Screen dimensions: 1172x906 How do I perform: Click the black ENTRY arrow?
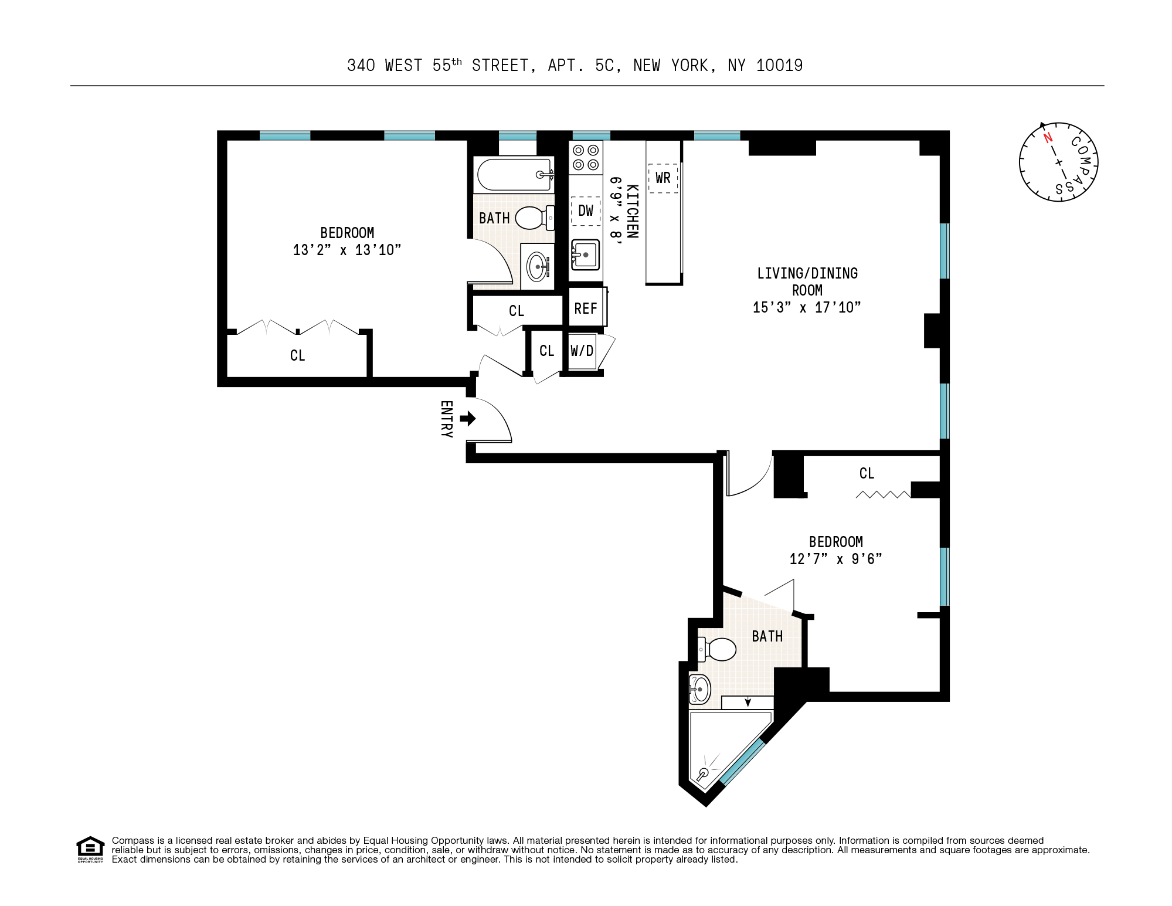[468, 418]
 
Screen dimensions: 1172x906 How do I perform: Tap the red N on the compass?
[1048, 138]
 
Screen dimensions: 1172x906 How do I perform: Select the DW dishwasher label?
[586, 211]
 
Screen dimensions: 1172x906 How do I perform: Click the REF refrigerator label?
[586, 308]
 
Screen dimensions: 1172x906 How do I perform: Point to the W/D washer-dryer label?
[582, 351]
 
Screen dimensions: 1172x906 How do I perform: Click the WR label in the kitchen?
[663, 178]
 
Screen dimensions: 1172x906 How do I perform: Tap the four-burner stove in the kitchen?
[586, 157]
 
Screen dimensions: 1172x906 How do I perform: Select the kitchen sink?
[585, 255]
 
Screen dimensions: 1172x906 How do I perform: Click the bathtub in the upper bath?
[514, 174]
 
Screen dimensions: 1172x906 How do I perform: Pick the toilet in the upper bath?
[535, 218]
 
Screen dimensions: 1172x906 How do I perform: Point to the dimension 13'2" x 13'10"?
[347, 250]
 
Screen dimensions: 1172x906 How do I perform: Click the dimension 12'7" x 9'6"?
[835, 559]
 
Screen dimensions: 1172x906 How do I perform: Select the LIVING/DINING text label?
[807, 273]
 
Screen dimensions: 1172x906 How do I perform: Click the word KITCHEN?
[633, 212]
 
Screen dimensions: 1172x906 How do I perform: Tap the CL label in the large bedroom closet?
[298, 355]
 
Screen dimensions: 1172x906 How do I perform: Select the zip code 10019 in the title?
[779, 66]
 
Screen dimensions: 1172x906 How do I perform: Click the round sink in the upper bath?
[538, 267]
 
